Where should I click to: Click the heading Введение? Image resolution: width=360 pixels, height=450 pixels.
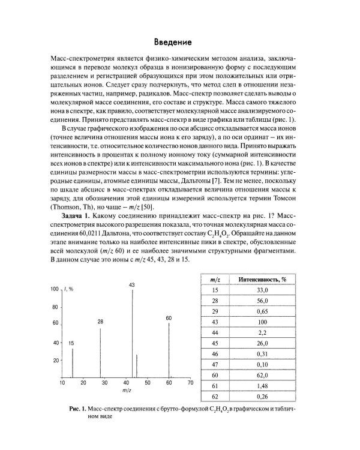coord(172,43)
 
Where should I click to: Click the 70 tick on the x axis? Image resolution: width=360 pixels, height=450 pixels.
coord(191,382)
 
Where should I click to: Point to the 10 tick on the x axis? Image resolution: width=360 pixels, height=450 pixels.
coord(62,382)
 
